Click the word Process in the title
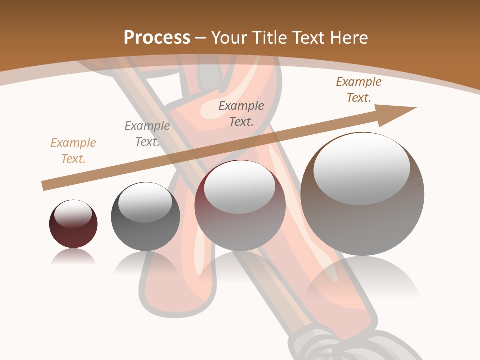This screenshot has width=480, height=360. (157, 38)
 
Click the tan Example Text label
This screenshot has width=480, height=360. (73, 151)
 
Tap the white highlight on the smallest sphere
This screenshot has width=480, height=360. (73, 214)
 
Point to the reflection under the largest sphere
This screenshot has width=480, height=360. (362, 280)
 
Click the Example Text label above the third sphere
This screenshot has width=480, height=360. (241, 114)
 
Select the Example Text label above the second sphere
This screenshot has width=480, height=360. (147, 134)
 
